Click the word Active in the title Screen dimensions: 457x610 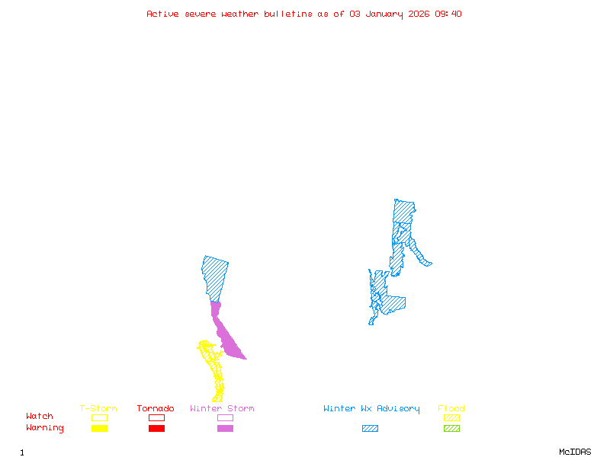click(x=162, y=14)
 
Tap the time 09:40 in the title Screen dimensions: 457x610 click(x=448, y=14)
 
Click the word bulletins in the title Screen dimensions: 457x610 click(x=287, y=14)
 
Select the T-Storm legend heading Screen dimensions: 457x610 click(x=98, y=409)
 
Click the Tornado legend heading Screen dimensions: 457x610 click(x=156, y=409)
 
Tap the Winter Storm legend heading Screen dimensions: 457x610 click(x=222, y=409)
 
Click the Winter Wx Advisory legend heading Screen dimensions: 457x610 click(x=371, y=409)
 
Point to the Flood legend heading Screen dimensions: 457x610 click(x=451, y=409)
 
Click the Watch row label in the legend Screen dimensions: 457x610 click(x=40, y=417)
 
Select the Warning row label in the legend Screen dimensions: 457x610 click(x=45, y=428)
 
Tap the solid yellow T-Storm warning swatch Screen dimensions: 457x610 click(x=99, y=428)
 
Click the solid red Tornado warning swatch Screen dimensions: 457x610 click(x=156, y=428)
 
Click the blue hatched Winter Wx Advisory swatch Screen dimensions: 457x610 click(x=370, y=428)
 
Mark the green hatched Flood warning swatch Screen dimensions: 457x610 click(x=451, y=428)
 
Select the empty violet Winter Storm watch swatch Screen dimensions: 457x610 click(x=225, y=417)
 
